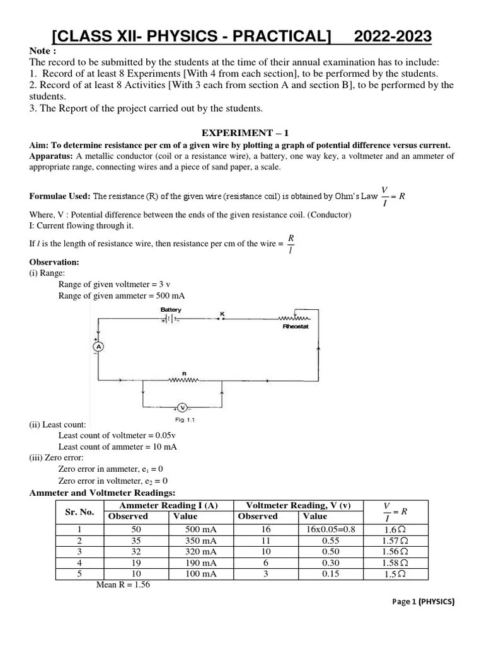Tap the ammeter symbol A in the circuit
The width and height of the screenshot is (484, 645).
click(x=98, y=347)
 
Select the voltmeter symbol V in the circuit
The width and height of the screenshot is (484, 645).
click(x=181, y=407)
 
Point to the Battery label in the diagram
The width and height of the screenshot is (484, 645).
click(x=171, y=310)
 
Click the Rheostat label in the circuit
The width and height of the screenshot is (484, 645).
click(x=295, y=328)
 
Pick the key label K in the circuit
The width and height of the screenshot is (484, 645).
click(x=221, y=313)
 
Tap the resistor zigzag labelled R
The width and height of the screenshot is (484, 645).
click(x=183, y=380)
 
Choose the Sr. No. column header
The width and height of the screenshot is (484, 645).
click(x=79, y=511)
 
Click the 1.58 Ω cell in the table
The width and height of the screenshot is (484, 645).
click(x=395, y=562)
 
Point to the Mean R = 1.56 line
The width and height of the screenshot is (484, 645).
click(x=123, y=585)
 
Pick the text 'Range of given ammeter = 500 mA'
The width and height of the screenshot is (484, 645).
click(x=122, y=295)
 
